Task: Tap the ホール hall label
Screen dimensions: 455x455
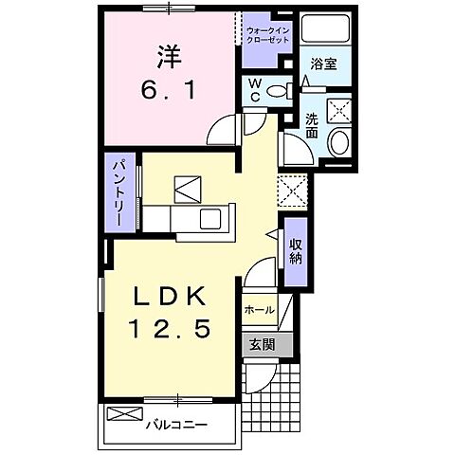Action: (x=260, y=310)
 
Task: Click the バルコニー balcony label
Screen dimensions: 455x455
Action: (x=176, y=424)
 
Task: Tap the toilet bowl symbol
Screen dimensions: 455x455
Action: (x=277, y=92)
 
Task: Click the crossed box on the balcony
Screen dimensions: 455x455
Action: (x=122, y=414)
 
